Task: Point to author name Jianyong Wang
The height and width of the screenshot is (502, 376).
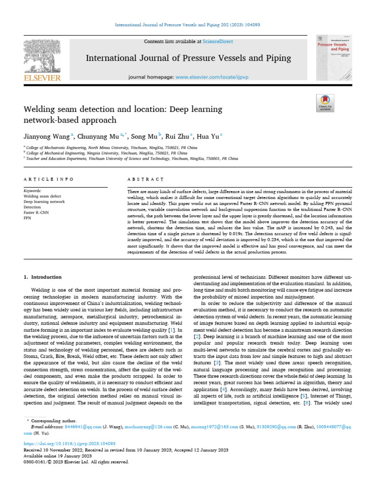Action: pos(47,136)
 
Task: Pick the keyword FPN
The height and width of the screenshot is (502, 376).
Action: pos(27,217)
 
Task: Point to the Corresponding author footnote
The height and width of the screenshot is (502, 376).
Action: pos(54,421)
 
